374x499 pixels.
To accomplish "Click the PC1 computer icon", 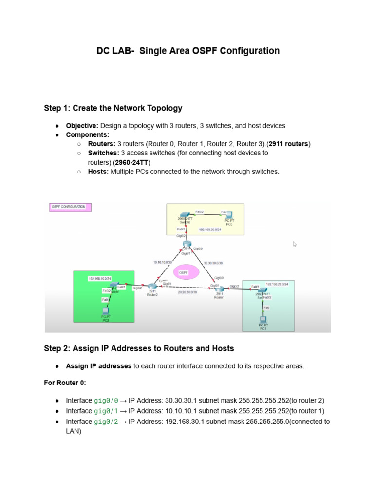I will [263, 319].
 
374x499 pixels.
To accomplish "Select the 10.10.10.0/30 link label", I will [163, 262].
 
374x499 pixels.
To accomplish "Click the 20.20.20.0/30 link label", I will [187, 292].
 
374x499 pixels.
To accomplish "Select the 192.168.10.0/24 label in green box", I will [100, 278].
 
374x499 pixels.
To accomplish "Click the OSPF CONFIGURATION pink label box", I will [68, 207].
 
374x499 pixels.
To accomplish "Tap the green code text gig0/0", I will [106, 401].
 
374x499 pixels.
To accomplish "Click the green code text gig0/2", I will [106, 422].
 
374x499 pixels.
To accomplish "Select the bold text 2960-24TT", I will [132, 162].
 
